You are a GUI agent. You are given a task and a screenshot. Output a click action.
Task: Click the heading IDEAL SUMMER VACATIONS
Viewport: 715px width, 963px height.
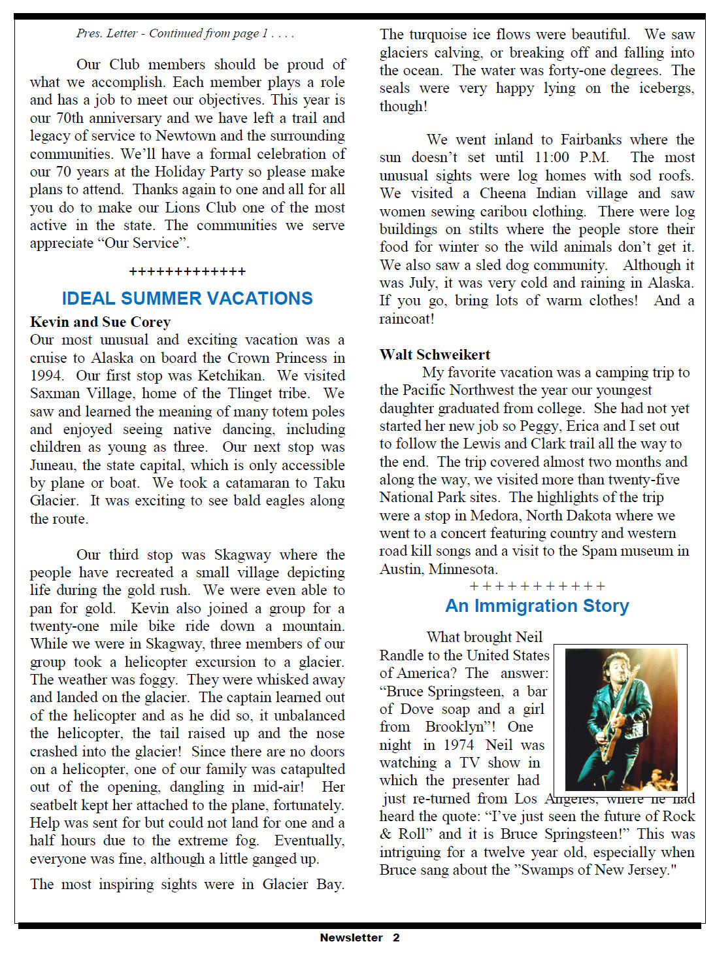coord(187,298)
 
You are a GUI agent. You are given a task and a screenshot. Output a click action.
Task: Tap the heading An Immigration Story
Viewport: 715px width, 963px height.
coord(537,606)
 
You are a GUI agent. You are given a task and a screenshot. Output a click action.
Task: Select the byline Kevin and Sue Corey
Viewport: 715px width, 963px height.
coord(100,322)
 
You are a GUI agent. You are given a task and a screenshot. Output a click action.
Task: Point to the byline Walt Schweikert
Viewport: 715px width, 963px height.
coord(435,354)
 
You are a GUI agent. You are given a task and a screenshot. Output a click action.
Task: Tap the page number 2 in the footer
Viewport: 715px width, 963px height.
coord(396,938)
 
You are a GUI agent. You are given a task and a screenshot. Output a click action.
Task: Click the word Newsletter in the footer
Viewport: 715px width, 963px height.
coord(351,938)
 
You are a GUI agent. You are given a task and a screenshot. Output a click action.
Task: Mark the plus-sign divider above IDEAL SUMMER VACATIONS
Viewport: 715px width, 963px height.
coord(187,271)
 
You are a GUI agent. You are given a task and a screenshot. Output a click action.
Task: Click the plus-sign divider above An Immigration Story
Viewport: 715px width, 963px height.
coord(537,586)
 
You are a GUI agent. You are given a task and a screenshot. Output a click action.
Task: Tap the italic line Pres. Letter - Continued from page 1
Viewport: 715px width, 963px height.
coord(185,33)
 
